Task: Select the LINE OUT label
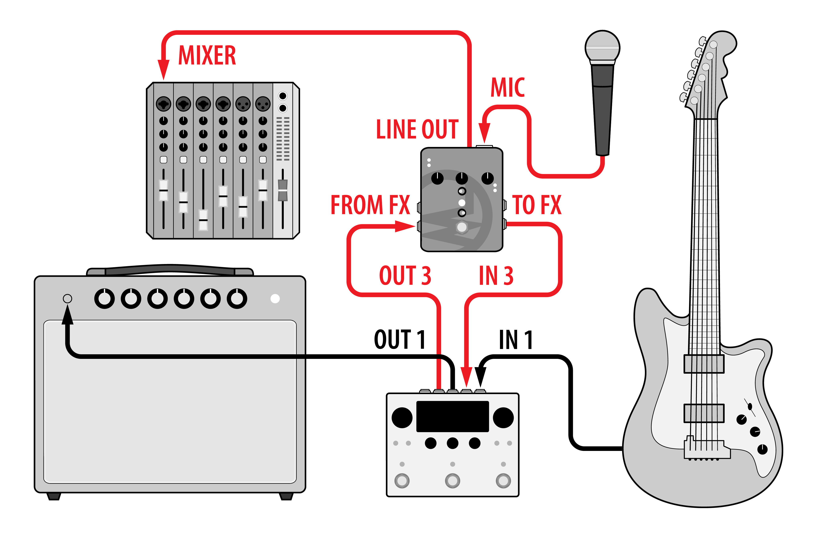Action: click(417, 130)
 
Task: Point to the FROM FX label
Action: click(370, 205)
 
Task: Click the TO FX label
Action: click(537, 205)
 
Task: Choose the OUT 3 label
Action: click(405, 276)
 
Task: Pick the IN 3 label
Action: click(496, 276)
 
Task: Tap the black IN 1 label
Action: click(516, 340)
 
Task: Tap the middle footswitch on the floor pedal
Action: click(453, 481)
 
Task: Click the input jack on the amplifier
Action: click(68, 298)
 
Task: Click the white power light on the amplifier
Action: click(275, 298)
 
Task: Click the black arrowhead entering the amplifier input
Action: click(68, 315)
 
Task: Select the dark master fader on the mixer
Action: click(283, 190)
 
